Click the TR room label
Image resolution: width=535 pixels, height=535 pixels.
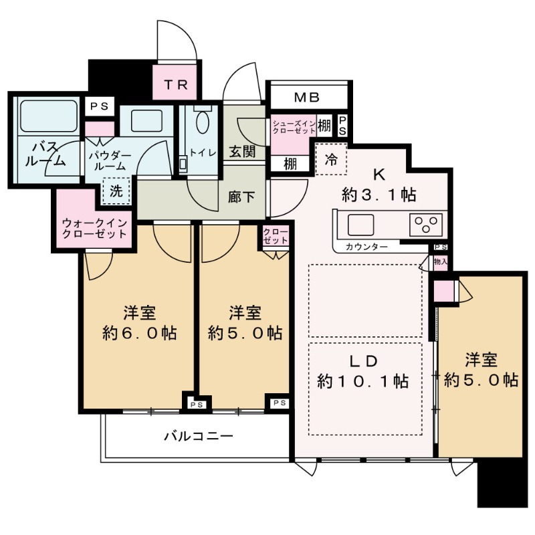click(176, 85)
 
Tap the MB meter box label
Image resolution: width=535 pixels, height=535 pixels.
click(307, 98)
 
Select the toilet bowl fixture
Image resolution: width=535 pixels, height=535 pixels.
click(203, 123)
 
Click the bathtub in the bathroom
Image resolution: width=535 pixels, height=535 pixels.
click(48, 116)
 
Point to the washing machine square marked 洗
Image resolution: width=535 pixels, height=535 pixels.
click(116, 191)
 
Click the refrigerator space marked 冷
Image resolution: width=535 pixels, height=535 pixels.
click(330, 159)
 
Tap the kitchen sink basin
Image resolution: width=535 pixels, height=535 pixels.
click(360, 225)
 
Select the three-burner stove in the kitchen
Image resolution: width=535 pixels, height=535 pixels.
click(426, 225)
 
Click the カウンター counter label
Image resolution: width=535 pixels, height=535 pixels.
click(366, 247)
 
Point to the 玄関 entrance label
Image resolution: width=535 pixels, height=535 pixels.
click(242, 152)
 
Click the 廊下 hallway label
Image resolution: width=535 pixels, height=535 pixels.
click(241, 197)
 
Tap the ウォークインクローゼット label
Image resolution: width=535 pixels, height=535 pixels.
click(94, 229)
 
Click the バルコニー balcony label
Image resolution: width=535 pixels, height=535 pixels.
click(199, 436)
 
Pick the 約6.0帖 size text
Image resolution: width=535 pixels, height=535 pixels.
click(140, 333)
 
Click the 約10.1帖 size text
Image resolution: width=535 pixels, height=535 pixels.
click(362, 381)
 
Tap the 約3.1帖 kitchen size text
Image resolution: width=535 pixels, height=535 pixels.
click(379, 195)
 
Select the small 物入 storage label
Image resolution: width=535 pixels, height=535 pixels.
click(441, 262)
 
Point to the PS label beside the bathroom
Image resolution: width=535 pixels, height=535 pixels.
click(99, 107)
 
